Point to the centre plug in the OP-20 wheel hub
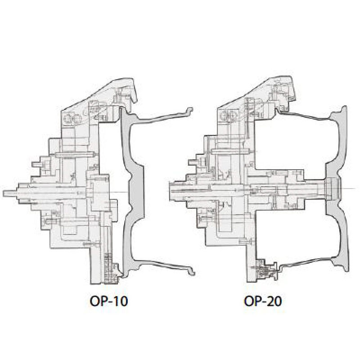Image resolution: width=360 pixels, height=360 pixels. [x=330, y=188]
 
